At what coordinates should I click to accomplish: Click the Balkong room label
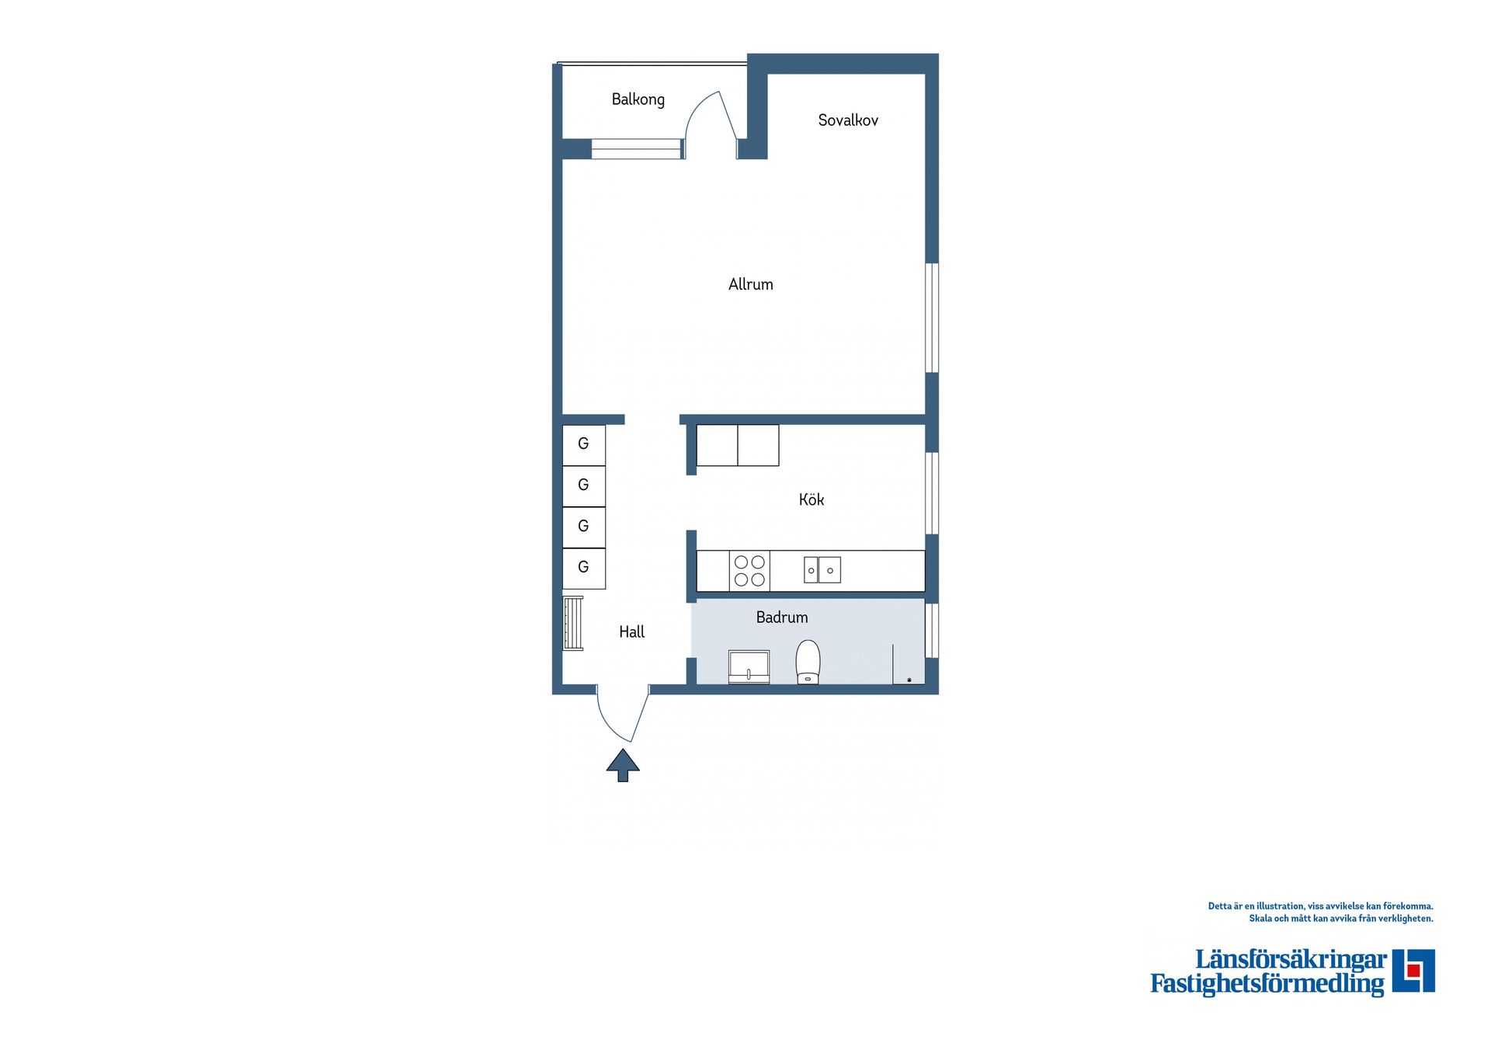638,99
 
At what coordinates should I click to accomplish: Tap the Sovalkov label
848,120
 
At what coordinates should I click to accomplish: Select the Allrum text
750,284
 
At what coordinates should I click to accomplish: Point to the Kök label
812,499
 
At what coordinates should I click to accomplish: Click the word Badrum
782,617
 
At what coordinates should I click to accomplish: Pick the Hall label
631,632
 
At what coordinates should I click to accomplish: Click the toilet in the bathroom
808,662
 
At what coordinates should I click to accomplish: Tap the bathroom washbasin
749,666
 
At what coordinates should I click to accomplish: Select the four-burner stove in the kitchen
749,571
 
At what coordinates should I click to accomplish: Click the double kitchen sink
822,570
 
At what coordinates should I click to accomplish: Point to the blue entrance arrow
623,765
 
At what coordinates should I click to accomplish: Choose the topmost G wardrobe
584,445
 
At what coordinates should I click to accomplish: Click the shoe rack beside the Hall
573,623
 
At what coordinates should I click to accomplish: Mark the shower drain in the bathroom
909,680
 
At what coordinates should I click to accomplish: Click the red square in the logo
1413,970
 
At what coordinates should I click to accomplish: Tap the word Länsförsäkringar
1291,960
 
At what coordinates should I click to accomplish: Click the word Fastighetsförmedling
1267,984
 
